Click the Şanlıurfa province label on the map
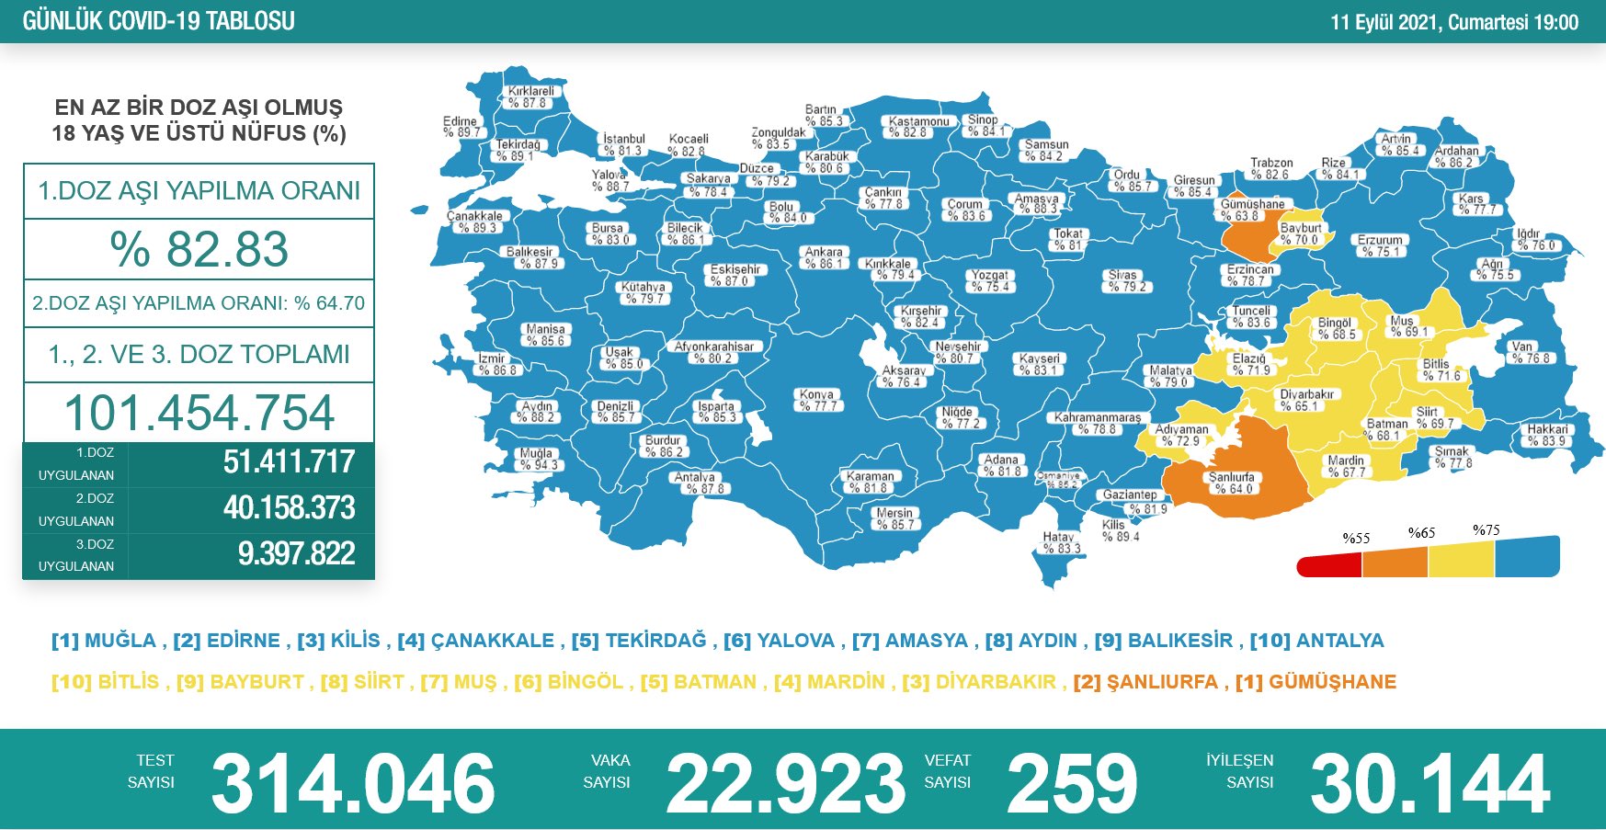tap(1231, 483)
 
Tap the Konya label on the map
tap(817, 400)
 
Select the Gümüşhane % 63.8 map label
tap(1251, 210)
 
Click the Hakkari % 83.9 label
tap(1547, 435)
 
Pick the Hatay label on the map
tap(1060, 542)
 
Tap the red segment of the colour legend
tap(1329, 565)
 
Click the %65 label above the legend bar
tap(1421, 533)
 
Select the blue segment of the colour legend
tap(1527, 557)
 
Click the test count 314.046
tap(353, 783)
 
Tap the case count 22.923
tap(785, 783)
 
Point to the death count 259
tap(1072, 783)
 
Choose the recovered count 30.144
tap(1429, 783)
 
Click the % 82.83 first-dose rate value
tap(199, 249)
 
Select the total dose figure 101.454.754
tap(199, 413)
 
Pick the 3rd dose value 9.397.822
tap(296, 554)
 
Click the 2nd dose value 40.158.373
tap(289, 508)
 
